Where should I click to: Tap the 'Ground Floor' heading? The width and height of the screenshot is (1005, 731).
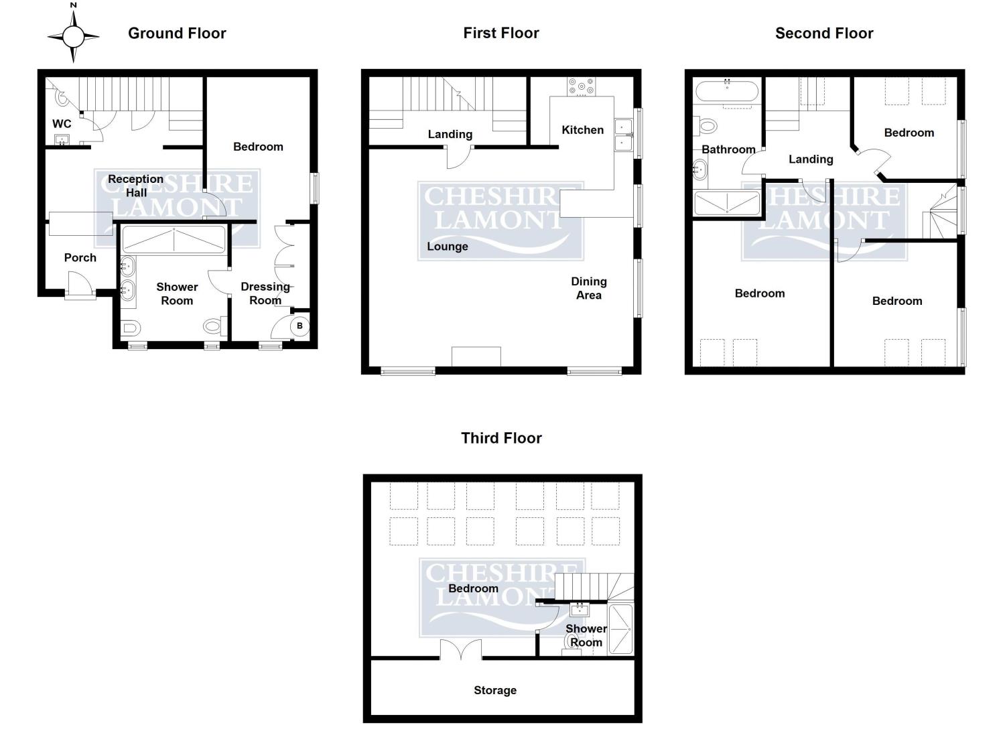point(177,33)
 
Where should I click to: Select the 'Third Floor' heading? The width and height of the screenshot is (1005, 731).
point(501,438)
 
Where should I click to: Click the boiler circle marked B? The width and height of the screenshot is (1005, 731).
point(299,326)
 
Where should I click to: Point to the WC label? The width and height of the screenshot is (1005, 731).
point(62,124)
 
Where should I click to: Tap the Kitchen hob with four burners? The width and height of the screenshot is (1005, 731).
point(581,86)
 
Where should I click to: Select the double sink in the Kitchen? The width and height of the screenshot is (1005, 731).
point(623,134)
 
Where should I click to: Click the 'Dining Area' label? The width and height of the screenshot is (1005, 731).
point(589,288)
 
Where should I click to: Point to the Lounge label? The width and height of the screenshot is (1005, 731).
point(448,247)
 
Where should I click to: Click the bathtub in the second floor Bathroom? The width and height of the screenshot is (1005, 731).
point(727,91)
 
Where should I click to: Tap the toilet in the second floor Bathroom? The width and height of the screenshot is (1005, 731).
point(706,125)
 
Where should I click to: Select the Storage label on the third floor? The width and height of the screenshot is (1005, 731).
point(495,690)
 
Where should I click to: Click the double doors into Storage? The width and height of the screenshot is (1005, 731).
point(461,650)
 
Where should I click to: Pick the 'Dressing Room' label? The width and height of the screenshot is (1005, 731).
point(265,293)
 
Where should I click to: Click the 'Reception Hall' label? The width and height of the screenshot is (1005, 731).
point(136,186)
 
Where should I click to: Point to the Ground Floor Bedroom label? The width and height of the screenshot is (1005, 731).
point(258,147)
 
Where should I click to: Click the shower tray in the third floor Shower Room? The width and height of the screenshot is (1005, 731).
point(620,629)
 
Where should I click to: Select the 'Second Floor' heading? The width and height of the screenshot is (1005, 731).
point(824,33)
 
